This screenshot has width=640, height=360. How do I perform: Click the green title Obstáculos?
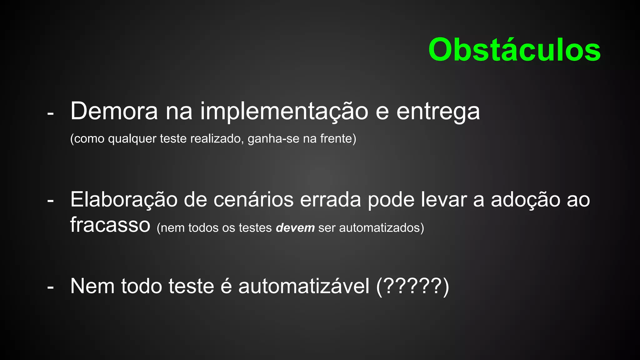[514, 50]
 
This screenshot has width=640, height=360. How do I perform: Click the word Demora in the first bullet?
[114, 111]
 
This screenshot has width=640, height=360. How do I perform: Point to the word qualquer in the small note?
[132, 139]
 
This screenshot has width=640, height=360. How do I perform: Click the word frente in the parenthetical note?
[336, 138]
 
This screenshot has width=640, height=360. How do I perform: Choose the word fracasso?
[110, 225]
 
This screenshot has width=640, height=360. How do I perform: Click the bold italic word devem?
[295, 228]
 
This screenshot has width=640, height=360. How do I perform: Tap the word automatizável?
[304, 286]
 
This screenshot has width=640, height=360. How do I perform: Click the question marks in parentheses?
[412, 286]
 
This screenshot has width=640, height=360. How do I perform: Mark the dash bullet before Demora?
[50, 113]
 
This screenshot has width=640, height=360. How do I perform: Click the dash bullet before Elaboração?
[50, 201]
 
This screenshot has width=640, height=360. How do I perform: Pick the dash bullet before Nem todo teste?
[50, 287]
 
